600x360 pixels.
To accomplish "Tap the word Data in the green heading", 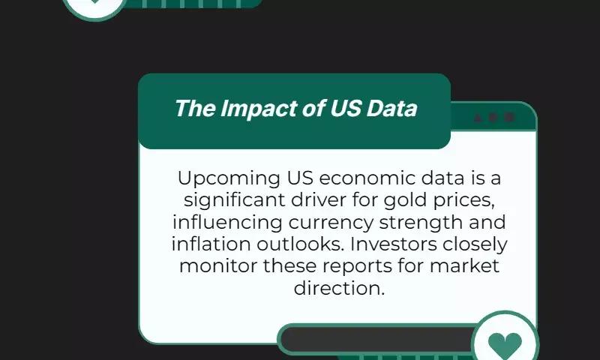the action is pos(391,108).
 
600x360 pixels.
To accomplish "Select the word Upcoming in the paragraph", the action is pos(229,179).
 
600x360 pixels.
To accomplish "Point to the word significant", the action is pos(234,201).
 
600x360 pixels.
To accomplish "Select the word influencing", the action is pos(227,223).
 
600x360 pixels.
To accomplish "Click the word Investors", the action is pos(393,244).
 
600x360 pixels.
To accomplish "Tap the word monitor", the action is pos(218,266).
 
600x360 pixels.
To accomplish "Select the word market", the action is pos(464,266).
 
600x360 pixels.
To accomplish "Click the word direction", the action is pos(339,288).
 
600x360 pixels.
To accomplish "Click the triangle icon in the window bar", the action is pos(478,118).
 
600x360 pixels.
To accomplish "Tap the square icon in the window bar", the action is pos(509,118).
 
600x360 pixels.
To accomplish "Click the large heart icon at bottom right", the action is pos(505,344).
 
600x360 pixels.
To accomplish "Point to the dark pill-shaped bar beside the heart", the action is pos(377,339).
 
